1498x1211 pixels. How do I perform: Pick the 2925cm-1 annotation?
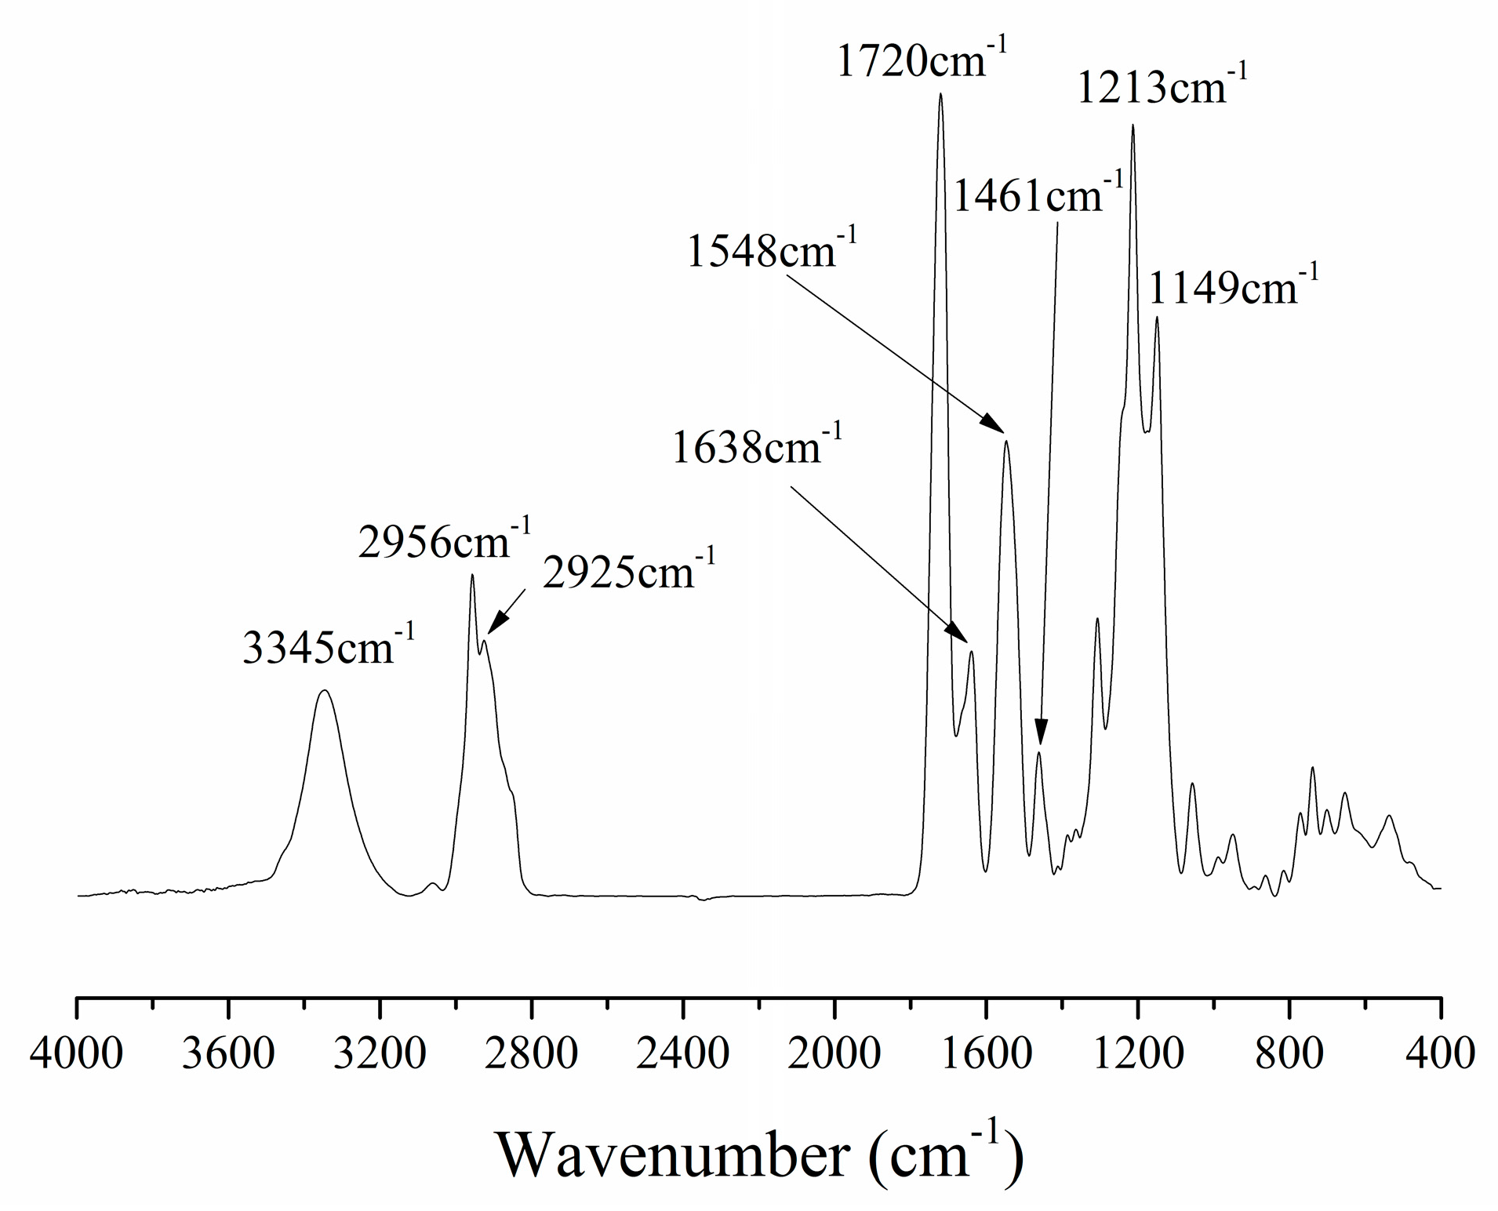[x=628, y=573]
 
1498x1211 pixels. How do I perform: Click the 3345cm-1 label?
[x=329, y=648]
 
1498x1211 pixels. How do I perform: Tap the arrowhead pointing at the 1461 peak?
[x=1041, y=735]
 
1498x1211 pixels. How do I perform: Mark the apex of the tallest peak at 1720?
[x=940, y=94]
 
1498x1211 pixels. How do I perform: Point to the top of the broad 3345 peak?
[x=324, y=690]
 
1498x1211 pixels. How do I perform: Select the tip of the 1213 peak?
[x=1133, y=125]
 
